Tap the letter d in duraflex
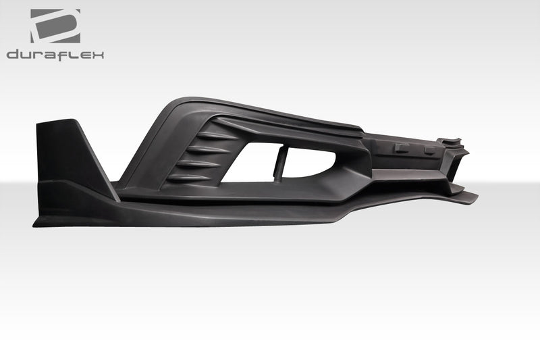click(x=13, y=55)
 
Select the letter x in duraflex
click(x=97, y=55)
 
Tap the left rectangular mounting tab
click(x=401, y=148)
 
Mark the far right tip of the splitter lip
click(x=477, y=197)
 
